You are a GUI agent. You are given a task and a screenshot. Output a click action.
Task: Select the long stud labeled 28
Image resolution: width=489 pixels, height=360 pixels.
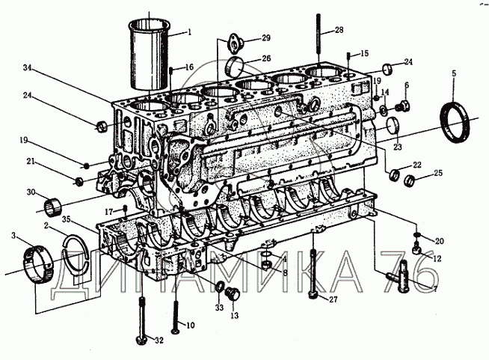[x=318, y=40]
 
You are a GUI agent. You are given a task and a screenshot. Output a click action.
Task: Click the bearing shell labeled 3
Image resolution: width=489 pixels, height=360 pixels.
[x=38, y=264]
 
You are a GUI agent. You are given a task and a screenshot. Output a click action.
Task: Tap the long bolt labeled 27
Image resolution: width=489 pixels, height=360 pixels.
[x=313, y=273]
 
